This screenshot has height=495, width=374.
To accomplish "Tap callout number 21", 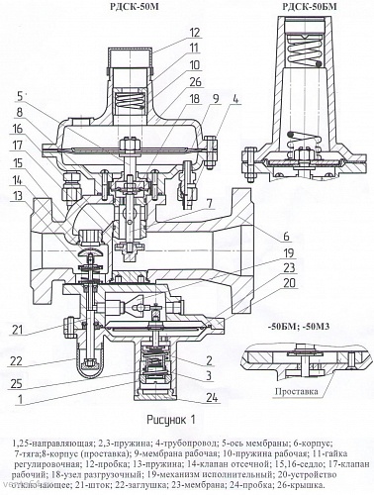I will pyautogui.click(x=19, y=329).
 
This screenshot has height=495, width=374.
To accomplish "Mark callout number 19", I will pyautogui.click(x=231, y=251).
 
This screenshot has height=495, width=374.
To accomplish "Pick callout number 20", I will pyautogui.click(x=231, y=283).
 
